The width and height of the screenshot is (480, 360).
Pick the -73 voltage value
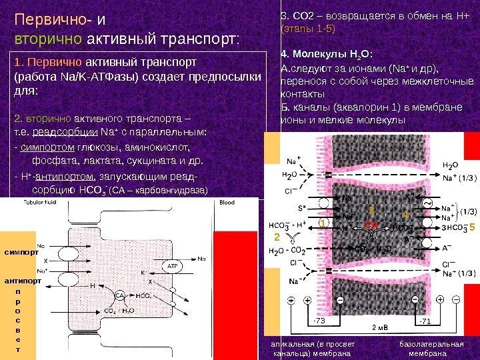pyautogui.click(x=321, y=322)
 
